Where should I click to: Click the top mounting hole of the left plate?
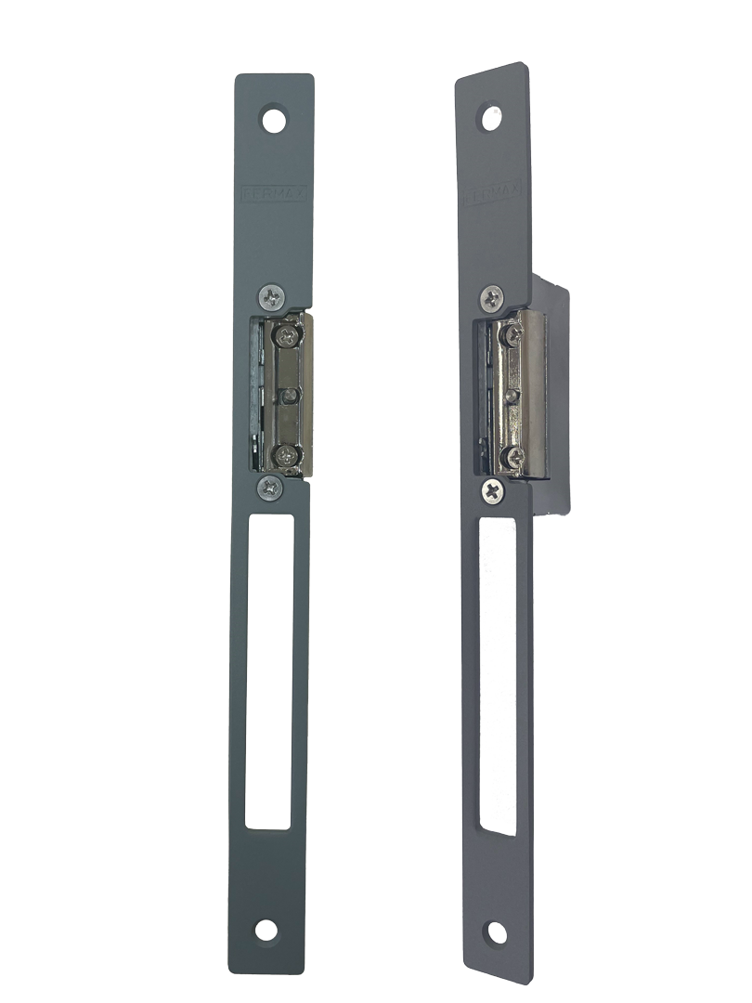point(274,121)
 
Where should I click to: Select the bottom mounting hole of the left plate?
point(266,931)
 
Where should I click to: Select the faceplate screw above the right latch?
point(492,298)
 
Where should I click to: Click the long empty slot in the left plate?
point(271,669)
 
